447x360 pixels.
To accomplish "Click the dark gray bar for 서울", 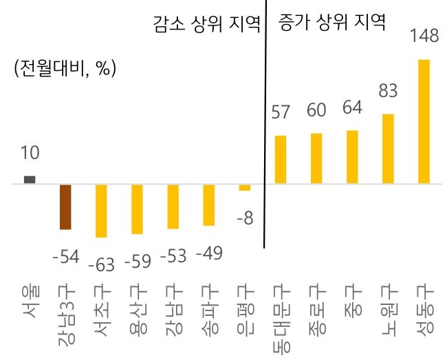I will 30,180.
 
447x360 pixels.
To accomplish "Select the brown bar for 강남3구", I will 66,207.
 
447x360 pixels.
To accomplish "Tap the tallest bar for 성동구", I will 424,121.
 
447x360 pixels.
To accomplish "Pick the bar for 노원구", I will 388,149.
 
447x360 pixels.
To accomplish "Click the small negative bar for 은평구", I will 244,187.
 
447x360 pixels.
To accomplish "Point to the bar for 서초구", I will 101,211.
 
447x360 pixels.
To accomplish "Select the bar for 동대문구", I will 280,160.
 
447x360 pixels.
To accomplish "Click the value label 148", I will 424,36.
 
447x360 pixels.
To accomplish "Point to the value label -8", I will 244,219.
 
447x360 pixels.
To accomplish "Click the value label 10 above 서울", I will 30,151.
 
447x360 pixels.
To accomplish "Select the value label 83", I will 389,90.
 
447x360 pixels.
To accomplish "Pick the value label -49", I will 209,253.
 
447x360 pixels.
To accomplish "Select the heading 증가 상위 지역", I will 331,23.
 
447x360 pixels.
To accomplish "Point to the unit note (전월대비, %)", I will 64,70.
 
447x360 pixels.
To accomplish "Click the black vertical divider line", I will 264,138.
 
